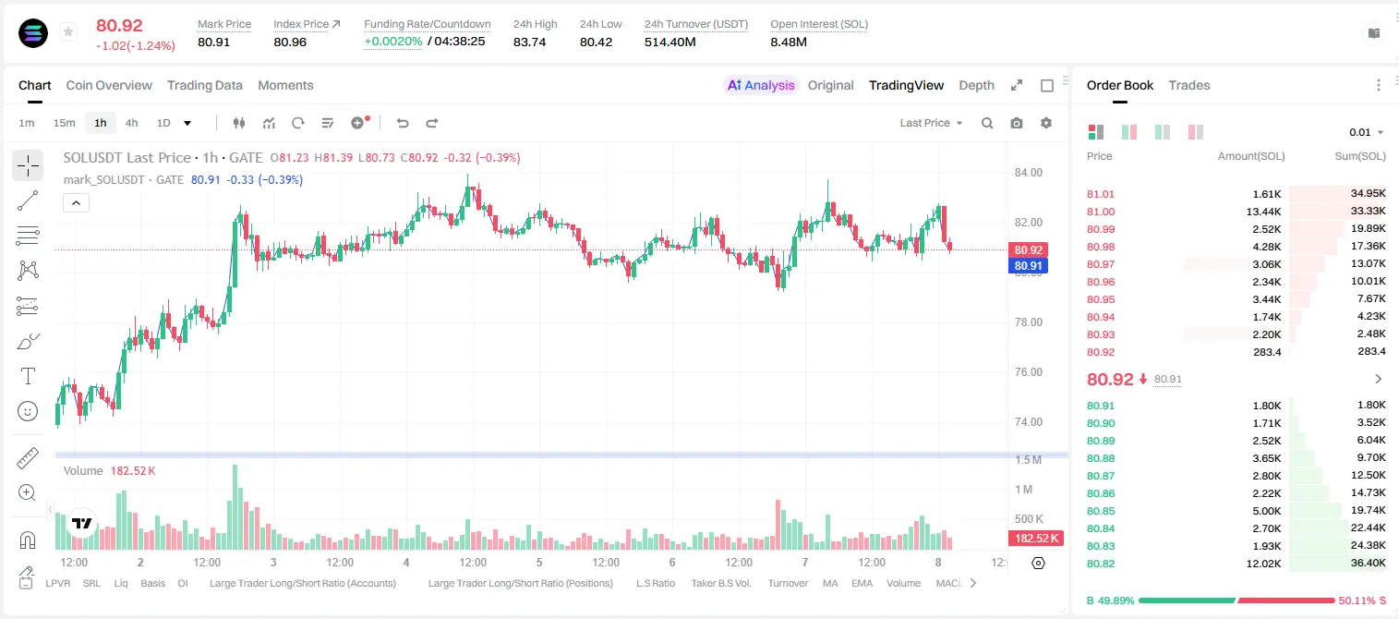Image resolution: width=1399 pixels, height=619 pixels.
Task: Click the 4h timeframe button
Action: [x=131, y=123]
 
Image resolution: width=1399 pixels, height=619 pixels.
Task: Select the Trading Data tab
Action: [x=205, y=85]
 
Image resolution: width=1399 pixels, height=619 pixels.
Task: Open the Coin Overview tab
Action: [x=109, y=85]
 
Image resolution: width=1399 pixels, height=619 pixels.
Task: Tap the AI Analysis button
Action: [x=761, y=85]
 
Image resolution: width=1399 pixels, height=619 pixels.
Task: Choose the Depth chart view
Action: [x=976, y=85]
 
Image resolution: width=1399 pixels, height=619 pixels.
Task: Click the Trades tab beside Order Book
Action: [x=1189, y=85]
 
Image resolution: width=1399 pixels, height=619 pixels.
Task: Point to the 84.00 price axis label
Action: [x=1029, y=173]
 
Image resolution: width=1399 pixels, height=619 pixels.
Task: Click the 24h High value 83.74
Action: [x=530, y=42]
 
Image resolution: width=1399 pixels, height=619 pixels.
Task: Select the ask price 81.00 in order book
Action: [x=1101, y=212]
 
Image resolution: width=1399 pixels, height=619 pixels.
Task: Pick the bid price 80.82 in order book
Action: [x=1101, y=564]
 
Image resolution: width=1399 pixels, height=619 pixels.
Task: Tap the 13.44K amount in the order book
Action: [x=1263, y=212]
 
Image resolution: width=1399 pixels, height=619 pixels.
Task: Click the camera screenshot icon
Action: [x=1017, y=123]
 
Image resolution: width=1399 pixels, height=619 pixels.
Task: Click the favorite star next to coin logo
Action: [x=68, y=31]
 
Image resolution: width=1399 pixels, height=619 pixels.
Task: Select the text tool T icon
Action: [x=28, y=376]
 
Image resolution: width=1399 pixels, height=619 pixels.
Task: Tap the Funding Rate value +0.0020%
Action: [x=393, y=42]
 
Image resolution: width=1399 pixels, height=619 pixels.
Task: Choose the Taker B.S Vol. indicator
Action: [x=721, y=583]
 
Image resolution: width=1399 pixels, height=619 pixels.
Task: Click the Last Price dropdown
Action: [x=931, y=123]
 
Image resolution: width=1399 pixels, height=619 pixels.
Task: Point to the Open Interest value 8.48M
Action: [x=789, y=42]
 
